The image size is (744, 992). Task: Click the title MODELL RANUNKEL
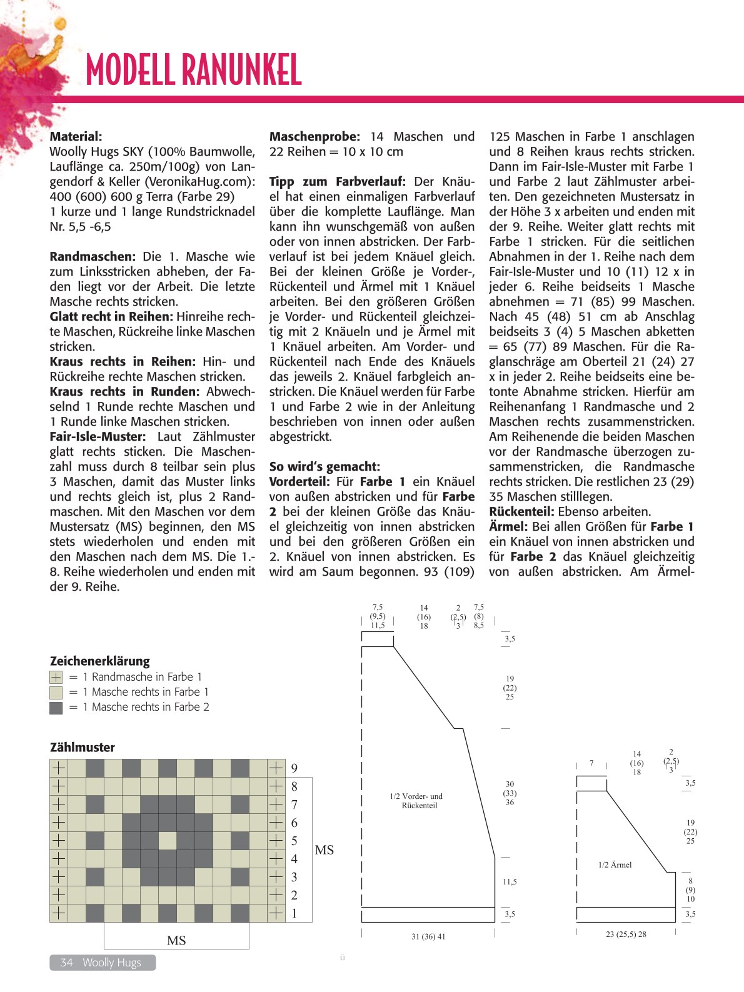194,70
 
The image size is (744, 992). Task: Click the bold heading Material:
76,136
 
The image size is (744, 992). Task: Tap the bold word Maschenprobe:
314,136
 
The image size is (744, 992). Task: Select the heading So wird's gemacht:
324,466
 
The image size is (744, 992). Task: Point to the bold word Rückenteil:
521,511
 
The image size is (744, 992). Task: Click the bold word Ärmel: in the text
508,526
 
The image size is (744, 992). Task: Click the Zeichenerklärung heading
99,661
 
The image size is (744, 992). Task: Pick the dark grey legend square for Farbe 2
56,708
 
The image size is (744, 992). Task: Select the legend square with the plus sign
56,677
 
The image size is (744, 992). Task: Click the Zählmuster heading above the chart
83,747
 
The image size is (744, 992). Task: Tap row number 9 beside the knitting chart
294,768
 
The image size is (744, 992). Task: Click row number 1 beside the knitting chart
294,913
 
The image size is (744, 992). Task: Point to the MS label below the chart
176,940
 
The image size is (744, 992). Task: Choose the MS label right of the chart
324,850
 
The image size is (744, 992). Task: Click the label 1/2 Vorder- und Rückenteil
416,801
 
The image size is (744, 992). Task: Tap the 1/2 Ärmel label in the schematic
615,864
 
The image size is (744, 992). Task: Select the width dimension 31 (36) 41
428,936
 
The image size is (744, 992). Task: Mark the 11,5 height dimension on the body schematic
510,881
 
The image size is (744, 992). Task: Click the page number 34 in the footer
66,963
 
